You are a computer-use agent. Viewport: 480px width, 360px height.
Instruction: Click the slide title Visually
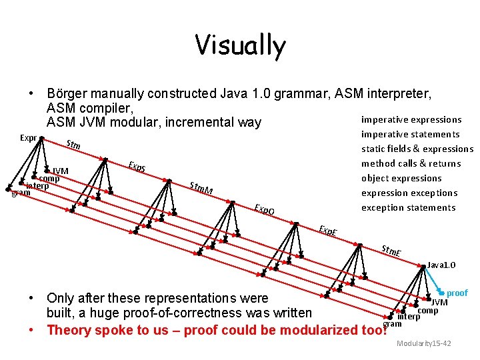click(x=240, y=45)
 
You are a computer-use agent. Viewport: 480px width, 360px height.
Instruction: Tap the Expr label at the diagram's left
click(x=28, y=138)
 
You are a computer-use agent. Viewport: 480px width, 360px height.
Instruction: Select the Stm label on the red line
click(x=73, y=146)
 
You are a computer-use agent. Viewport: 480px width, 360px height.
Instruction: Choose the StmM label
click(x=201, y=189)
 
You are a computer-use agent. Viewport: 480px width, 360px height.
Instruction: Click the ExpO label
click(x=265, y=210)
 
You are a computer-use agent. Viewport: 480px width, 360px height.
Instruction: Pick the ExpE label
click(x=327, y=231)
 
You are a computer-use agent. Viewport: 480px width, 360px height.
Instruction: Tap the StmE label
click(x=391, y=252)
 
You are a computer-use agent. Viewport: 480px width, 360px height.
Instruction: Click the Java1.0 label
click(x=441, y=265)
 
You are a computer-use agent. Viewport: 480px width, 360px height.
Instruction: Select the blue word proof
click(x=457, y=293)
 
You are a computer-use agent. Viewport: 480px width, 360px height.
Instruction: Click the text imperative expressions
click(x=411, y=120)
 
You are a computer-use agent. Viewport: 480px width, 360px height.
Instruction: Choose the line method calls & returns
click(x=411, y=164)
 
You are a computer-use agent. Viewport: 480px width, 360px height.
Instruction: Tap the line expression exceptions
click(x=409, y=193)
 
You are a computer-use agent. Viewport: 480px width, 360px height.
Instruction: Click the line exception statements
click(x=408, y=208)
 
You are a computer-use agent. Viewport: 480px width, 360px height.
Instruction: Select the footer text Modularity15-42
click(x=423, y=343)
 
